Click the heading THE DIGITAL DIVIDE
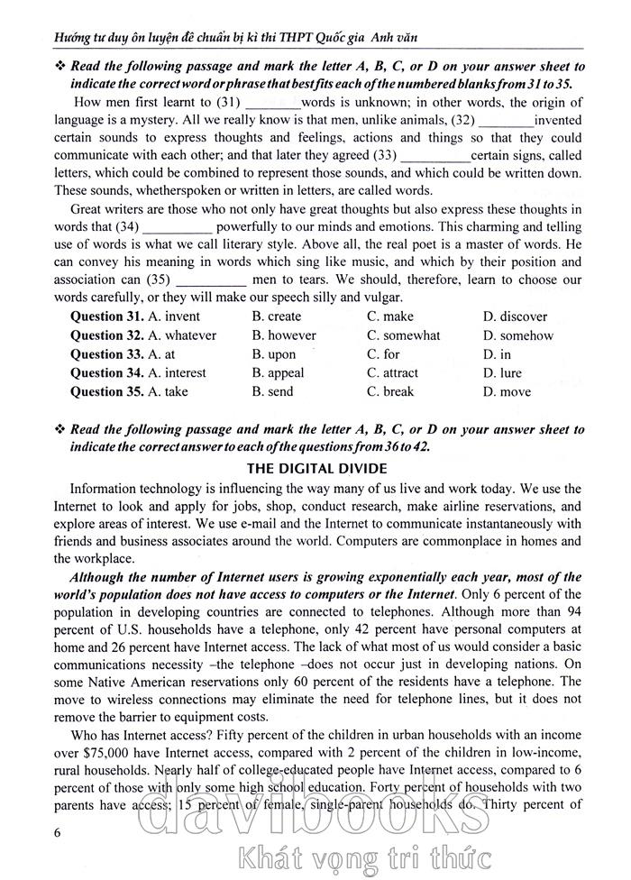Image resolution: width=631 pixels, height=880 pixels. (316, 468)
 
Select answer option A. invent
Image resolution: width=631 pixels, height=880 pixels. (175, 316)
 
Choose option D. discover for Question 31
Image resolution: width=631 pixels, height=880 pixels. (515, 316)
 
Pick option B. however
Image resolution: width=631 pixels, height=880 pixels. (284, 335)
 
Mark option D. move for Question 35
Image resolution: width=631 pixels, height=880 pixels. (507, 392)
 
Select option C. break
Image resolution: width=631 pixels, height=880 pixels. (390, 392)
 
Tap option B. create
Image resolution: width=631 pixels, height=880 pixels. (277, 316)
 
